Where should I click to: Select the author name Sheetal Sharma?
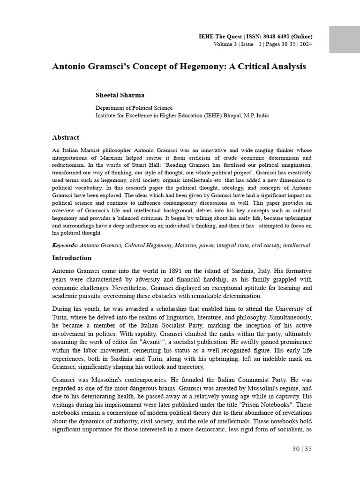point(120,95)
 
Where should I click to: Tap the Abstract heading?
point(65,138)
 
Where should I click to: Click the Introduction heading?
point(72,258)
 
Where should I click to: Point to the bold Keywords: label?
point(65,245)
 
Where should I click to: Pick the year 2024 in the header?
point(305,45)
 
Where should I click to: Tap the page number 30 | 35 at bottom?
point(301,449)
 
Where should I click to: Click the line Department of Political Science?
point(134,108)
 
